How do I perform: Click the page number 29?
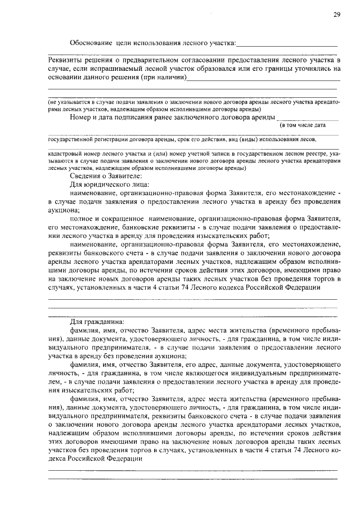[336, 15]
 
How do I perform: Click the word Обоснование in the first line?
[91, 42]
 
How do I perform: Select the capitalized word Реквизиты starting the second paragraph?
[65, 60]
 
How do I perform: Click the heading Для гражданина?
[93, 323]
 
